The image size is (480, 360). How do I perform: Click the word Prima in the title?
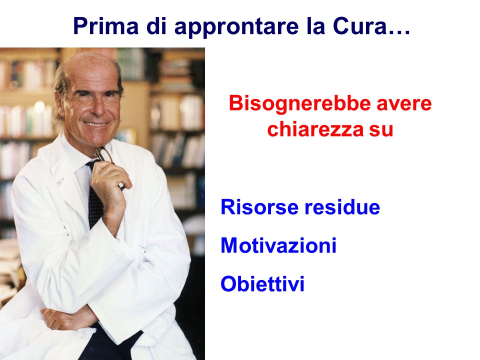(106, 26)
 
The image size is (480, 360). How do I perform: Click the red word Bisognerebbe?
(299, 104)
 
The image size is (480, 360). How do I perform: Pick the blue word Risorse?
(259, 207)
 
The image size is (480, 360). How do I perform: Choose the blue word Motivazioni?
(278, 245)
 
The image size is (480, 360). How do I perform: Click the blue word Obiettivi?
(262, 284)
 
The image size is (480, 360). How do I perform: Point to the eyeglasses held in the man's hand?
(103, 155)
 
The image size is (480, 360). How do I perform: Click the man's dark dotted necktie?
(95, 196)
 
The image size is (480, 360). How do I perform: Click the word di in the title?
(156, 26)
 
